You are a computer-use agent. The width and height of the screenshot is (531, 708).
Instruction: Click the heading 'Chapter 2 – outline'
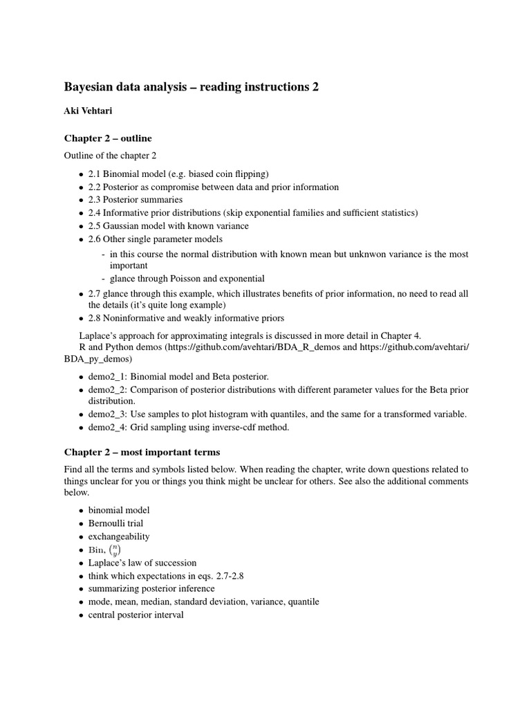point(108,138)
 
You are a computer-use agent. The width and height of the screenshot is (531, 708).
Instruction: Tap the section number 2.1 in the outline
point(95,174)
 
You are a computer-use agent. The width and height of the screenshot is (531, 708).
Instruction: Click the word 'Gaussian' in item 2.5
point(125,226)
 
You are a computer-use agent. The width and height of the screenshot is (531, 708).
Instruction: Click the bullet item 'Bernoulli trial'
point(115,523)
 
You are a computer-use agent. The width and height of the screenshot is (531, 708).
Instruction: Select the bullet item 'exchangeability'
point(118,537)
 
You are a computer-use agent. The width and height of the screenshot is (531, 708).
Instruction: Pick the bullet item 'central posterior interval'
point(136,615)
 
